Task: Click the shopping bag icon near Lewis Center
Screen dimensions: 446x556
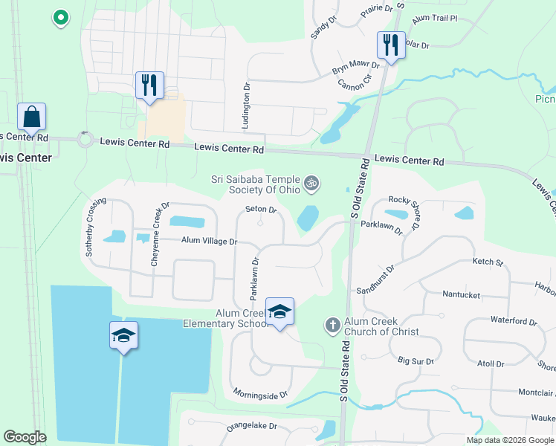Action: [x=32, y=117]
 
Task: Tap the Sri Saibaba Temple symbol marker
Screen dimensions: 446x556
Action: [x=312, y=182]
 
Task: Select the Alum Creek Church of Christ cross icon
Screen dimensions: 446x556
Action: [x=332, y=325]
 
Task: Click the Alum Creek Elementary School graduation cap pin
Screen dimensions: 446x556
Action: [x=279, y=311]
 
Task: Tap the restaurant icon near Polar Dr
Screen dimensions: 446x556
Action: [x=389, y=45]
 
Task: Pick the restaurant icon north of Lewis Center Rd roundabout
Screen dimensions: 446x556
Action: [x=149, y=85]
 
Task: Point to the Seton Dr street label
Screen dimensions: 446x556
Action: [x=260, y=210]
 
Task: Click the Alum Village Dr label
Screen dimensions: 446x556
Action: [x=210, y=241]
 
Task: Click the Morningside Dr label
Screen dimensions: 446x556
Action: [x=259, y=394]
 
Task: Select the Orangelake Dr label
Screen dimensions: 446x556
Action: [x=252, y=427]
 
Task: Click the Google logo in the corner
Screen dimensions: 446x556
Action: [x=25, y=437]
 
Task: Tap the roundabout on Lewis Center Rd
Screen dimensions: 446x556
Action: [x=85, y=139]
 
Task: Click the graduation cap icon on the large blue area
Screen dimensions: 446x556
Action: [x=124, y=336]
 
